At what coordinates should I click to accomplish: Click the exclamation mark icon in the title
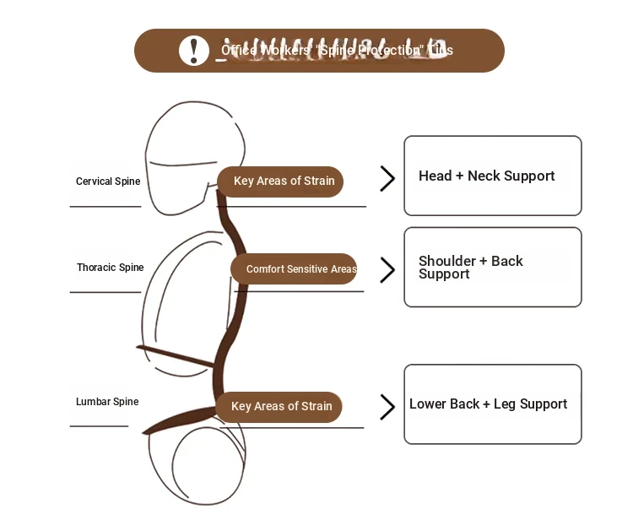tap(194, 50)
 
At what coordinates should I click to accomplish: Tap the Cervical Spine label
tap(108, 182)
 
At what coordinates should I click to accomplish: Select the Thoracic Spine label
tap(111, 268)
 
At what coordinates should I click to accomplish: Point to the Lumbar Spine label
tap(107, 402)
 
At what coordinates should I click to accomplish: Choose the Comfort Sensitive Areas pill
tap(295, 269)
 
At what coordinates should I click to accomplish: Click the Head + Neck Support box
tap(493, 176)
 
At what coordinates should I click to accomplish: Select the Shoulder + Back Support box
tap(493, 267)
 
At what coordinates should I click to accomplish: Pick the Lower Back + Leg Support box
tap(493, 404)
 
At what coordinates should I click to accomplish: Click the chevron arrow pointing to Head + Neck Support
tap(387, 178)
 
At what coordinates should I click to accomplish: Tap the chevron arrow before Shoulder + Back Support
tap(387, 270)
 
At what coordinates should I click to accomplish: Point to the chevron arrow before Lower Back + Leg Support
tap(387, 407)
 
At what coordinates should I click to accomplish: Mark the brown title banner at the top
tap(319, 51)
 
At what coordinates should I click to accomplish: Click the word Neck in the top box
tap(484, 176)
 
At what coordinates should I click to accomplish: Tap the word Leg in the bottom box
tap(504, 404)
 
